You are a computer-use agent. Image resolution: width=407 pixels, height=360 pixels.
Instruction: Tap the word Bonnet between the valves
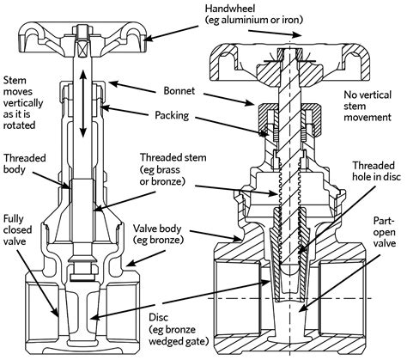[179, 91]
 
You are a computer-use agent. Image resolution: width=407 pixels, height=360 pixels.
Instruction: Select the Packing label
[172, 115]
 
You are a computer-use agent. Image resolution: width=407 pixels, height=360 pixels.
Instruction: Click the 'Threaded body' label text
[25, 163]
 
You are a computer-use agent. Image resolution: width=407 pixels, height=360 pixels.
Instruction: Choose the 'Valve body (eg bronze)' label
[157, 234]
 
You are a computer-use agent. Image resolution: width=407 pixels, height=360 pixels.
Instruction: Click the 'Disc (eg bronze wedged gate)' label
[179, 329]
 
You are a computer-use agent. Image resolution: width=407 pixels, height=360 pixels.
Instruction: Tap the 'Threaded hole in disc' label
[376, 171]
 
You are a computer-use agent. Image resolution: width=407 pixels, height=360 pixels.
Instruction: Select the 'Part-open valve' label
[385, 232]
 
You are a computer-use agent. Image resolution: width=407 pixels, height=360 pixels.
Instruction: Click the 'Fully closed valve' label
[17, 229]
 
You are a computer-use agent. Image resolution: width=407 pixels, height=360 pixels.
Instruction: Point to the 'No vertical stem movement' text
[368, 106]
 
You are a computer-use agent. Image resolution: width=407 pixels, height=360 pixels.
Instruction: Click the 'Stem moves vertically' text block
[23, 102]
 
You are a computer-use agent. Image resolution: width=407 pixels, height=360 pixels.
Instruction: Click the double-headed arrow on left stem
[82, 103]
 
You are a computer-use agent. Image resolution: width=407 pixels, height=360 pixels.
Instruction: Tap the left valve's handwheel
[82, 34]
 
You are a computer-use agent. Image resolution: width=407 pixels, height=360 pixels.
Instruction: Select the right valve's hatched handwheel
[289, 64]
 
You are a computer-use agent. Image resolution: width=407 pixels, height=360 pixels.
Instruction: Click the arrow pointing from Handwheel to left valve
[171, 33]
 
